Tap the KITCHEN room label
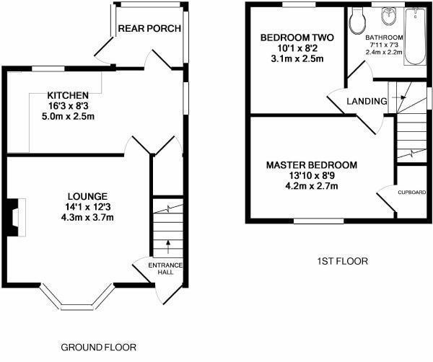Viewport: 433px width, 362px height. [68, 95]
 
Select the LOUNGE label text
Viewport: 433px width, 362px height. [87, 196]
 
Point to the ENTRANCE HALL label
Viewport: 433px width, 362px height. [166, 269]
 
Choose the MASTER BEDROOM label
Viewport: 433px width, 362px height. [307, 165]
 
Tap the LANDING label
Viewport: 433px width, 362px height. [367, 102]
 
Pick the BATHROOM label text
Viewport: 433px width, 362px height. [383, 37]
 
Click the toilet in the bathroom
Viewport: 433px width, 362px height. [357, 22]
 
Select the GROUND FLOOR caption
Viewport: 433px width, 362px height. [97, 347]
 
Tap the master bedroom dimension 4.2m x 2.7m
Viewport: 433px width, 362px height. [307, 187]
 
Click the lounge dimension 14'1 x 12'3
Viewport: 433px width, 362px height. [87, 207]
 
